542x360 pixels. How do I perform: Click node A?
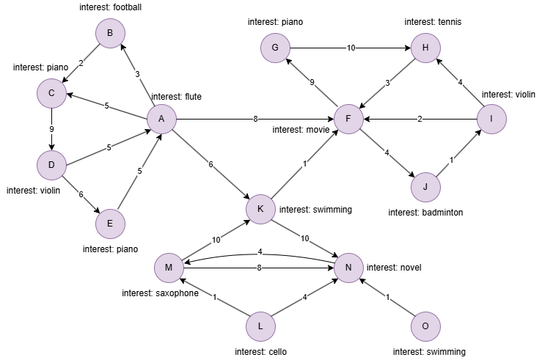pos(161,119)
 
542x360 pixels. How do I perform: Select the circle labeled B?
pos(110,33)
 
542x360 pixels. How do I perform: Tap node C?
pos(51,93)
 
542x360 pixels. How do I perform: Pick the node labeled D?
pos(51,165)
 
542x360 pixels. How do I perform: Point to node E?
pos(110,224)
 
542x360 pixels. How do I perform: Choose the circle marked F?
pos(348,119)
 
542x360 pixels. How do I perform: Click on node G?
pos(275,48)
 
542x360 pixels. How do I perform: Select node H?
pos(425,48)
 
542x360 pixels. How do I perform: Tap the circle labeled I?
pos(491,119)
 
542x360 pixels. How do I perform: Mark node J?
pos(425,187)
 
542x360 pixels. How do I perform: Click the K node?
pos(260,209)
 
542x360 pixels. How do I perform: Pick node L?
pos(260,326)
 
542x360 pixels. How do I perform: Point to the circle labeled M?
pos(169,268)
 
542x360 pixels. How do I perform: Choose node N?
pos(348,268)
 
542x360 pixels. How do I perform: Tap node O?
pos(425,326)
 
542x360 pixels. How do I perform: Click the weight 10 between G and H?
pos(351,48)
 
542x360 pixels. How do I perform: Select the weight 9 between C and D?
pos(51,130)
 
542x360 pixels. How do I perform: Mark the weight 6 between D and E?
pos(81,194)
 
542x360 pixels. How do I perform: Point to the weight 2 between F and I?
pos(420,119)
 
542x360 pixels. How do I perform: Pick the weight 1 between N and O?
pos(387,297)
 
